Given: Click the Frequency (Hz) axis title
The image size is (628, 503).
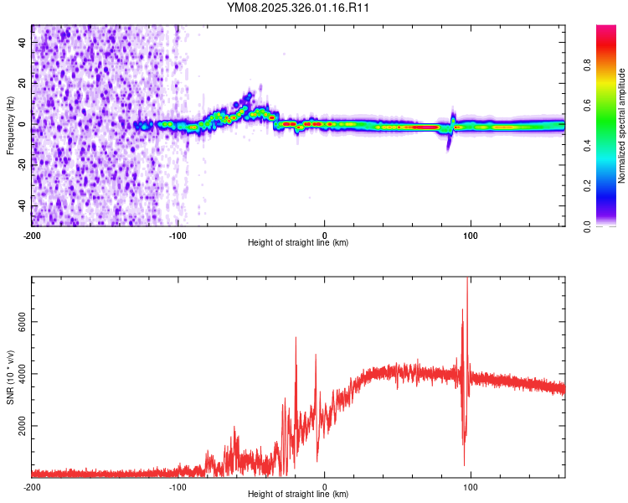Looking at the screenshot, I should click(10, 125).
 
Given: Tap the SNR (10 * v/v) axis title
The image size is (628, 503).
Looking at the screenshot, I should click(10, 376).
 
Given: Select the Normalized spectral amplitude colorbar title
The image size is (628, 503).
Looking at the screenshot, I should click(622, 125).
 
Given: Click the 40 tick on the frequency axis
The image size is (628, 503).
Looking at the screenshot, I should click(23, 41).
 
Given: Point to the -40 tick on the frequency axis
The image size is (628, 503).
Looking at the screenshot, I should click(23, 206).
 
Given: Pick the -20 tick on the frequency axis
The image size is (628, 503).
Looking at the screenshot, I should click(23, 165).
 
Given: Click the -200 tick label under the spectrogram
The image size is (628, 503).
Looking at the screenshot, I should click(31, 235).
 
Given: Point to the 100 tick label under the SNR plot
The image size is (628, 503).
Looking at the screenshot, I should click(471, 487).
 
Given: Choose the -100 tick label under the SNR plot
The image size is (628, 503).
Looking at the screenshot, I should click(178, 487).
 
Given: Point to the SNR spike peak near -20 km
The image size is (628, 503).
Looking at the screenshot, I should click(296, 338).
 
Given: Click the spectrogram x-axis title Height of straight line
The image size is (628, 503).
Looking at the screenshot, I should click(298, 243).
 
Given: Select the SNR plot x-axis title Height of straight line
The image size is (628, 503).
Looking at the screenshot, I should click(298, 495).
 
